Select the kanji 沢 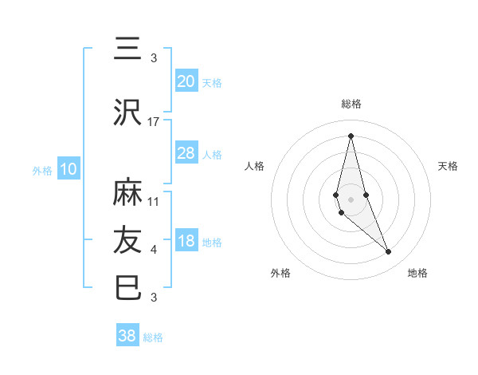coord(128,113)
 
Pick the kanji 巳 coord(128,288)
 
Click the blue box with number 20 coord(186,81)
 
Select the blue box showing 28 coord(186,153)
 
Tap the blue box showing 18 coord(186,241)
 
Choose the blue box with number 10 coord(68,168)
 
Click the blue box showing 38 coord(127,336)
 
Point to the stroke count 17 coord(154,121)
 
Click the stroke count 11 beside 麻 coord(154,201)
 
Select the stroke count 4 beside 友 coord(154,250)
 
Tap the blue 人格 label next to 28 coord(212,154)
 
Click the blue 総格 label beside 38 coord(153,337)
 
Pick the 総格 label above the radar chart coord(351,104)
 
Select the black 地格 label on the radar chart coord(417,273)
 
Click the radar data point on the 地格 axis coord(389,252)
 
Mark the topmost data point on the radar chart coord(351,135)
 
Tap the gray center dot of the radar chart coord(351,199)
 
